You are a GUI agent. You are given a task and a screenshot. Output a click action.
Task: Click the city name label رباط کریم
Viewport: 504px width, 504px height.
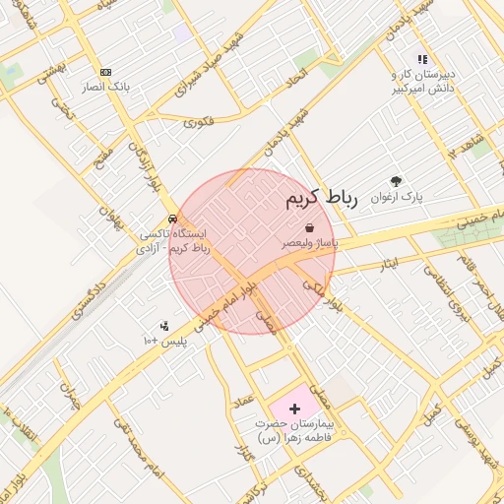coord(319,199)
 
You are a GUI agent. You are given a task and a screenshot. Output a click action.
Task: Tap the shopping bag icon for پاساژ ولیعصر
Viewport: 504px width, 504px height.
coord(310,227)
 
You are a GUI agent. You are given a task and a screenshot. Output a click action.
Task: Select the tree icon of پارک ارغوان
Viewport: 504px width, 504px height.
coord(397,181)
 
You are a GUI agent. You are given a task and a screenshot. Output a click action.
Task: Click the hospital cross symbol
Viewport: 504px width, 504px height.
coord(295,408)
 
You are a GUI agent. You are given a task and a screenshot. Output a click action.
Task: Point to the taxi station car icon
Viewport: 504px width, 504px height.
coord(173,219)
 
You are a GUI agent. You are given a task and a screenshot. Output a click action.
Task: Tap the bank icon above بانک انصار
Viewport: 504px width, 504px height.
coord(106,72)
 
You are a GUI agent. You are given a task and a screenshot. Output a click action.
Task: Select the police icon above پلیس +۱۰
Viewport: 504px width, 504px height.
coord(163,326)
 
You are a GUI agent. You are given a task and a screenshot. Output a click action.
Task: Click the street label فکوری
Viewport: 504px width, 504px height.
coord(198,122)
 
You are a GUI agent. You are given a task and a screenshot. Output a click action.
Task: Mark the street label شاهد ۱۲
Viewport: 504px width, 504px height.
coord(467,147)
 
